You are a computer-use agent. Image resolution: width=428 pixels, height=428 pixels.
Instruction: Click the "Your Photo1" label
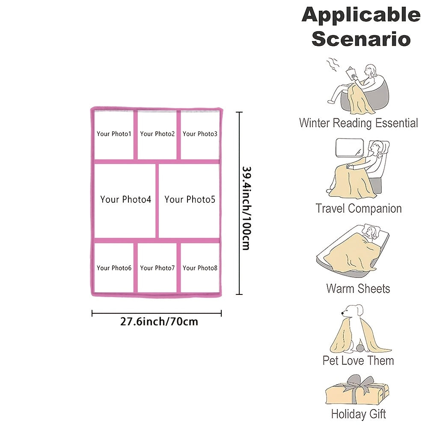[114, 134]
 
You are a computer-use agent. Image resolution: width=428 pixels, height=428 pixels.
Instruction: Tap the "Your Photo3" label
[200, 134]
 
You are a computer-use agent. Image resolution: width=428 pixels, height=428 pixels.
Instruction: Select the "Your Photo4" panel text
[125, 199]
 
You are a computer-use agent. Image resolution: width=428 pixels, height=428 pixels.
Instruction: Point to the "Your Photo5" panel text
[190, 199]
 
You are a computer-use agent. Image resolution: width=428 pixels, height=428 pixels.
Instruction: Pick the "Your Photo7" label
[157, 268]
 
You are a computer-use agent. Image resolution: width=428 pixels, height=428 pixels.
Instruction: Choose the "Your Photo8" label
[200, 268]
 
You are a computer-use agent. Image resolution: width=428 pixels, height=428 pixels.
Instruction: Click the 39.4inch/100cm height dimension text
[245, 208]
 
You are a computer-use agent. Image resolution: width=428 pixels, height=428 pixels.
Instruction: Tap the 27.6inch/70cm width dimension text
[159, 321]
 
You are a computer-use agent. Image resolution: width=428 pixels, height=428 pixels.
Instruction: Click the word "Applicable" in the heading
[361, 15]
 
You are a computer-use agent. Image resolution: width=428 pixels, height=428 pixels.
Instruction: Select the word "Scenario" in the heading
[361, 39]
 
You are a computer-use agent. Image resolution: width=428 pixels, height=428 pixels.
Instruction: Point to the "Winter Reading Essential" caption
[358, 123]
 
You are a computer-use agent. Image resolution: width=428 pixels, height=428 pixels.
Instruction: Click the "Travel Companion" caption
[359, 209]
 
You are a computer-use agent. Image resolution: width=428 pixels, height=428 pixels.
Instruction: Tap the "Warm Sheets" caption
[358, 288]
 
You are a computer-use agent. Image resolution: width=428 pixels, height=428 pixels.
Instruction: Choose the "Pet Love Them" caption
[358, 360]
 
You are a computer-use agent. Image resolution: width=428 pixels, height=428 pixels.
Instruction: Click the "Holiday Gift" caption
[358, 414]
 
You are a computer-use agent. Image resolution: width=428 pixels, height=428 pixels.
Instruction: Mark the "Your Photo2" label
[157, 134]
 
